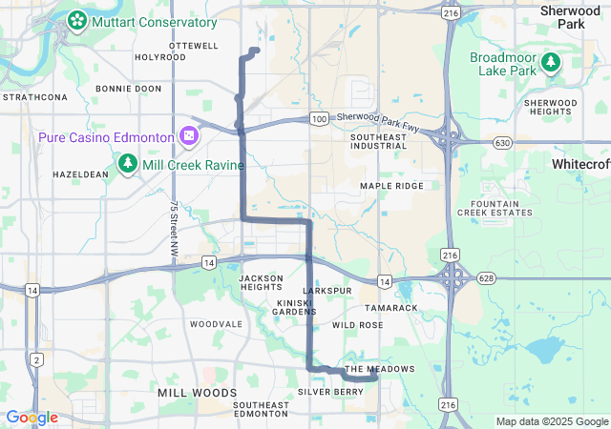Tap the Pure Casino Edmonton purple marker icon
(189, 137)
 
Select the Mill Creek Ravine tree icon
(128, 164)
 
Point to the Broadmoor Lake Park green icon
(551, 63)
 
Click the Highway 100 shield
(319, 118)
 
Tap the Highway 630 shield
(502, 142)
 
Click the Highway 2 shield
(36, 358)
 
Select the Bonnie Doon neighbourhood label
(129, 88)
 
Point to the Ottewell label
(193, 45)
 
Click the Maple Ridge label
(390, 185)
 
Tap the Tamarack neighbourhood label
(391, 308)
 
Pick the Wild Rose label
(358, 325)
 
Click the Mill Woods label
(197, 393)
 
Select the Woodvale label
(216, 324)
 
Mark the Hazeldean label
(80, 175)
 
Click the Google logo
(32, 418)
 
